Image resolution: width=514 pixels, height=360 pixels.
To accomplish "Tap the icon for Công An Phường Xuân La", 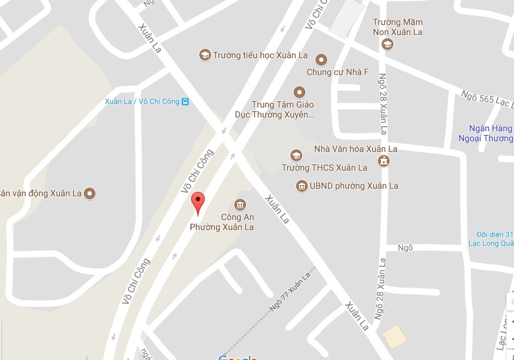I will [x=239, y=204].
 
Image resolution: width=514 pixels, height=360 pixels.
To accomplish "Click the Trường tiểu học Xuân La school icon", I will [x=204, y=55].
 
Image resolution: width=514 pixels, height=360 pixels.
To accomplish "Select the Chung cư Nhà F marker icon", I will [x=321, y=60].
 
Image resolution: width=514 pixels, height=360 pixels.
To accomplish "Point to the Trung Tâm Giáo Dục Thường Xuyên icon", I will [x=299, y=91].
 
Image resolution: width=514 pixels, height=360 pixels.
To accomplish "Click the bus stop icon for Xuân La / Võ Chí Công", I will [x=185, y=101].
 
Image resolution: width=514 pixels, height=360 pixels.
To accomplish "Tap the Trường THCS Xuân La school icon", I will [x=296, y=155].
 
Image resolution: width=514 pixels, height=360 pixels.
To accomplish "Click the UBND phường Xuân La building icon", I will [x=302, y=186].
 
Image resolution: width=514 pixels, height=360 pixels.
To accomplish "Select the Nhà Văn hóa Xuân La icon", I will [x=384, y=161].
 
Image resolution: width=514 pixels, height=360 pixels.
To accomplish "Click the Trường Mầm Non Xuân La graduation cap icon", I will [x=387, y=44].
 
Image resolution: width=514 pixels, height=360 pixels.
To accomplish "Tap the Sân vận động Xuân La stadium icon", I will [x=90, y=193].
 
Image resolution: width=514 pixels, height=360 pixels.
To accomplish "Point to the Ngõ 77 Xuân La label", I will [x=290, y=294].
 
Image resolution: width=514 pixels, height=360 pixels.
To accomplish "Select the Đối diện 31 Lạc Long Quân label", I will [x=490, y=238].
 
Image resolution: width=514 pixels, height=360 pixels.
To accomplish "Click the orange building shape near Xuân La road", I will [x=395, y=336].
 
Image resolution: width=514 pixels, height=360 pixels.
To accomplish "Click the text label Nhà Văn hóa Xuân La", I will [x=355, y=149].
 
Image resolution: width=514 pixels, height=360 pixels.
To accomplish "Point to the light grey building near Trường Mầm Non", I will [x=347, y=17].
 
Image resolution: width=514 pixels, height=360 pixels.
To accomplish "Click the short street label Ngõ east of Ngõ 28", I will [x=405, y=247].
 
